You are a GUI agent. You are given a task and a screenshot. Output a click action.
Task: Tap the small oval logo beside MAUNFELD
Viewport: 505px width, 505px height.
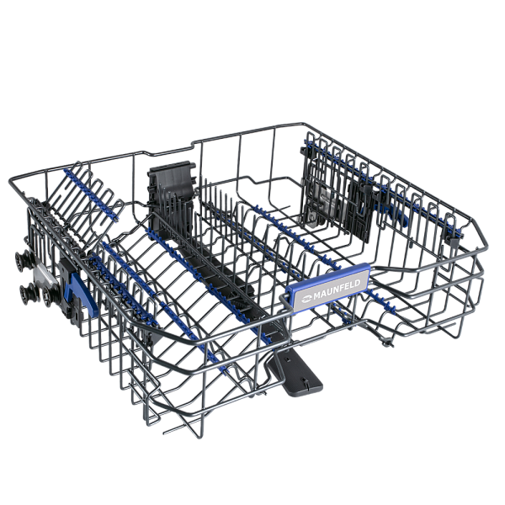306,299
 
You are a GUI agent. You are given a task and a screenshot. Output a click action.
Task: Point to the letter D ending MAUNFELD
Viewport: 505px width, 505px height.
356,284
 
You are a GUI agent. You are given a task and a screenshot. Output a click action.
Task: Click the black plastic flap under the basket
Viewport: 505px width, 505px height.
295,373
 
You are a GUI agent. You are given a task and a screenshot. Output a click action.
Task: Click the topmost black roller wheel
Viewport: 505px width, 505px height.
24,260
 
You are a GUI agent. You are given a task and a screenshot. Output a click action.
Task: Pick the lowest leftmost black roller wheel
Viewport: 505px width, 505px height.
28,294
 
